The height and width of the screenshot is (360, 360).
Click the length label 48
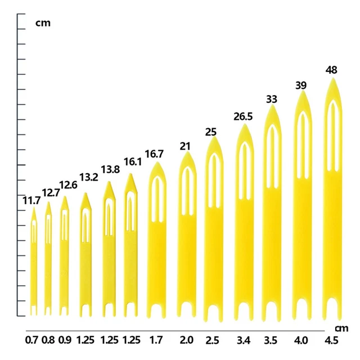pos(331,70)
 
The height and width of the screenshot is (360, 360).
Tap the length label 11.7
pos(31,201)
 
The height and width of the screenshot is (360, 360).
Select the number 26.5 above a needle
pos(243,116)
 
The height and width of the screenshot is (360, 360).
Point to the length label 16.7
pos(154,154)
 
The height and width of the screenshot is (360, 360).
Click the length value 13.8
pos(110,170)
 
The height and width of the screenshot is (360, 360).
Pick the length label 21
pos(185,146)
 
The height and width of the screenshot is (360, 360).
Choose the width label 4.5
pos(331,340)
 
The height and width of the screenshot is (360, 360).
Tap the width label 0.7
pos(31,340)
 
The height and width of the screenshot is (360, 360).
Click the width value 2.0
pos(186,340)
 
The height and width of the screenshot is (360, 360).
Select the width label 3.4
pos(244,340)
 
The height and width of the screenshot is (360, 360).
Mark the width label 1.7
pos(156,340)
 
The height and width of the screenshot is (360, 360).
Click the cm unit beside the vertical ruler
pos(43,23)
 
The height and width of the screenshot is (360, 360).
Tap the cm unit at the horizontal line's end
pos(341,328)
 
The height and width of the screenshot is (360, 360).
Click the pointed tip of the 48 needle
pos(333,78)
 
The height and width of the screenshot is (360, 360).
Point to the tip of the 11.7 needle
pos(34,207)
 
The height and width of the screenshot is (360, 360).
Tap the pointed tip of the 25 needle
pos(214,137)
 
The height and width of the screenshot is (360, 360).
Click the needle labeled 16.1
pos(131,245)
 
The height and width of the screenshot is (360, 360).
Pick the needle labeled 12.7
pos(48,259)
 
